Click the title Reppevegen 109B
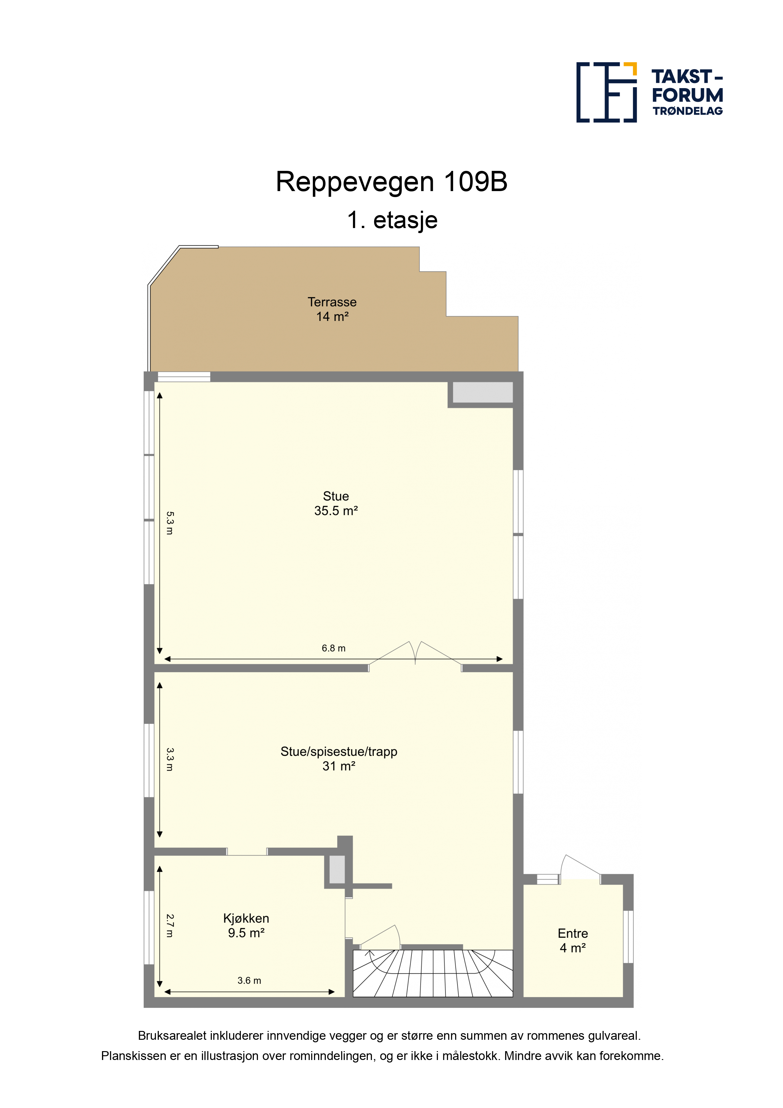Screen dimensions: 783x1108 click(391, 182)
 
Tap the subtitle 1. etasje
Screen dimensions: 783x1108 click(392, 220)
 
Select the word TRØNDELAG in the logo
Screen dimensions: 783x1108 click(687, 111)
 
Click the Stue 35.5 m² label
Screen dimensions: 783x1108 click(336, 503)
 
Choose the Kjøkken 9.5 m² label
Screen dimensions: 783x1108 click(246, 925)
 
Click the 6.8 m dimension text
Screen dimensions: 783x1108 click(333, 648)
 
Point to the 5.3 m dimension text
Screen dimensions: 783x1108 click(169, 523)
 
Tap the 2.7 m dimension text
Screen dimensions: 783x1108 click(169, 925)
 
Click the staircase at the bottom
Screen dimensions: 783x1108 click(433, 973)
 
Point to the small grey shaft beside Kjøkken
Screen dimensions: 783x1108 click(337, 869)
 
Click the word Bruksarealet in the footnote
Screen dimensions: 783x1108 click(172, 1036)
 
